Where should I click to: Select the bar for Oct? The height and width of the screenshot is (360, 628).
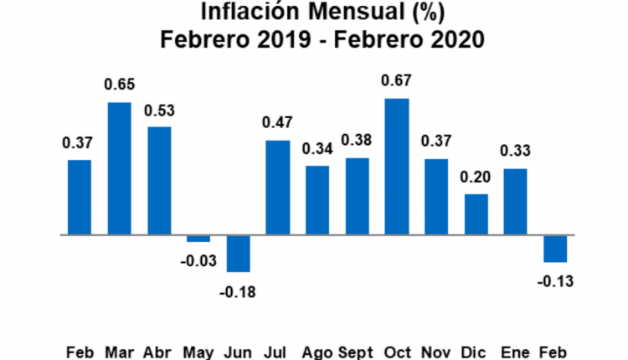397,167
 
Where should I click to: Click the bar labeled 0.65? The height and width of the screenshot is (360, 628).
119,168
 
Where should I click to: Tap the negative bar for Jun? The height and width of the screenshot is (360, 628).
238,253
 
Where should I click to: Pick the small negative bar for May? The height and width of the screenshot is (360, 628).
198,239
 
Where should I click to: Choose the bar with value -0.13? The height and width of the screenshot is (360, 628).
555,249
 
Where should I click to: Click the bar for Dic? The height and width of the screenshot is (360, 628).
476,214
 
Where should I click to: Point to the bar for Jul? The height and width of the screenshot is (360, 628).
277,188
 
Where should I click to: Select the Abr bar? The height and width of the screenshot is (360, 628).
158,181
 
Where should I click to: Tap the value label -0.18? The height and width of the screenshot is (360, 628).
238,292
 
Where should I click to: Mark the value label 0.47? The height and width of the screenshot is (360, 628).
277,123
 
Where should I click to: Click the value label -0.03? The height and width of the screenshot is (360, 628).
198,261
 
